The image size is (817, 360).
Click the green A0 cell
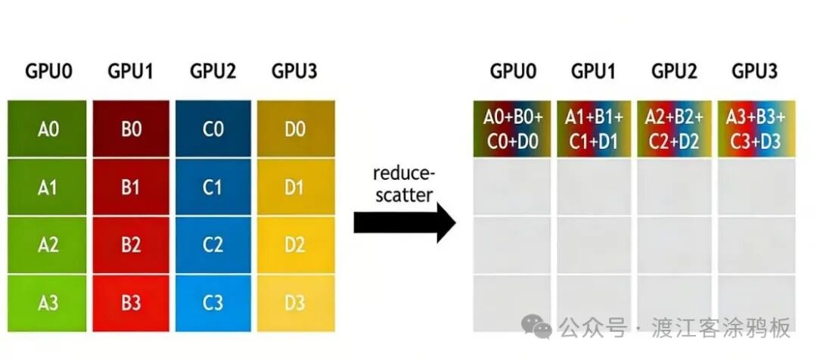tap(48, 129)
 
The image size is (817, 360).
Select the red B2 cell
tap(131, 245)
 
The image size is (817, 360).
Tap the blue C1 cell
tap(213, 187)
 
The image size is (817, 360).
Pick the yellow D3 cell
tap(295, 303)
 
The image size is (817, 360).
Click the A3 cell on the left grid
tap(48, 303)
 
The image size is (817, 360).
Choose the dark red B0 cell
tap(131, 129)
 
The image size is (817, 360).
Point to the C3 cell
tap(213, 303)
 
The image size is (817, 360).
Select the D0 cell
tap(295, 129)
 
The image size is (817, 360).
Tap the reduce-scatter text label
tap(404, 184)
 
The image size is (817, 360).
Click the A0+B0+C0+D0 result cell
tap(513, 129)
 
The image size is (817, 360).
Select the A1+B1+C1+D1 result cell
tap(594, 129)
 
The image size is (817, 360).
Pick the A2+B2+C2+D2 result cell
tap(674, 129)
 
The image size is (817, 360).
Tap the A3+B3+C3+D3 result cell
tap(755, 129)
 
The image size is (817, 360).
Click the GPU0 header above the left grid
tap(48, 72)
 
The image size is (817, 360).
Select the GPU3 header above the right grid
tap(754, 72)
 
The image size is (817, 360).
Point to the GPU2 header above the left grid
tap(213, 72)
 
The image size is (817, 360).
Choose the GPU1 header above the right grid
tap(594, 72)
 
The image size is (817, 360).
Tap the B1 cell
tap(131, 187)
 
